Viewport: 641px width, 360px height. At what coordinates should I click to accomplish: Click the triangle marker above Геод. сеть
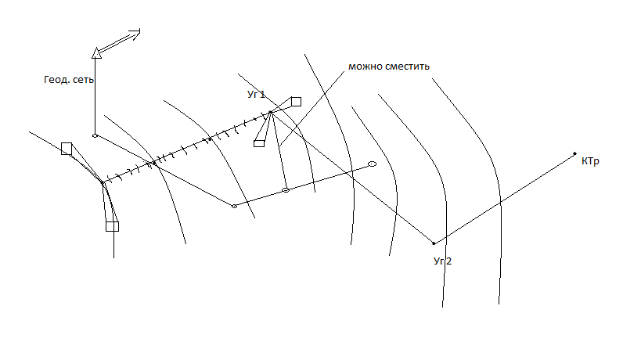[x=95, y=52]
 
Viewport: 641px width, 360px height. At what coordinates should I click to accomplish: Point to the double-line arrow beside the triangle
[x=119, y=41]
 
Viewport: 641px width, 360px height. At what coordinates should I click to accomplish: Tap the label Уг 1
[x=256, y=95]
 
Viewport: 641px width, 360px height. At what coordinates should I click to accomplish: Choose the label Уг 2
[x=442, y=261]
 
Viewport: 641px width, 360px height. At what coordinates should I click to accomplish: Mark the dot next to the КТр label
[x=574, y=153]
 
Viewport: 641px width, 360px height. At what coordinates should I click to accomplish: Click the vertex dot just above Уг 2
[x=434, y=243]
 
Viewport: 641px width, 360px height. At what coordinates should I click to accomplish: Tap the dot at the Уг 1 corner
[x=270, y=113]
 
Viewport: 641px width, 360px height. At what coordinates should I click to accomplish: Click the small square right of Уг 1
[x=296, y=101]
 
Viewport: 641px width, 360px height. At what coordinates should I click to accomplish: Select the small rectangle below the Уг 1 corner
[x=259, y=143]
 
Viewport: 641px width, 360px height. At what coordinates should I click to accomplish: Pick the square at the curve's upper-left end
[x=67, y=148]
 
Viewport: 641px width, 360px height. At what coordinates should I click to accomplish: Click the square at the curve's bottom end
[x=112, y=226]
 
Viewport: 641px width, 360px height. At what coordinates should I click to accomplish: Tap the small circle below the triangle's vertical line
[x=95, y=135]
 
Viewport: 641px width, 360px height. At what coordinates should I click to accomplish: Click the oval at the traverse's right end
[x=372, y=164]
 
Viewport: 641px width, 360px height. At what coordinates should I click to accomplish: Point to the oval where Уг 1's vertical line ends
[x=286, y=190]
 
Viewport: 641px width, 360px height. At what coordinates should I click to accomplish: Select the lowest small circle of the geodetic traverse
[x=234, y=206]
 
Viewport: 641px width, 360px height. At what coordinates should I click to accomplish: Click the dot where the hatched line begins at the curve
[x=103, y=183]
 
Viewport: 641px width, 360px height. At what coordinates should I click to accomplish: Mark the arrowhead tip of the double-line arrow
[x=140, y=31]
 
